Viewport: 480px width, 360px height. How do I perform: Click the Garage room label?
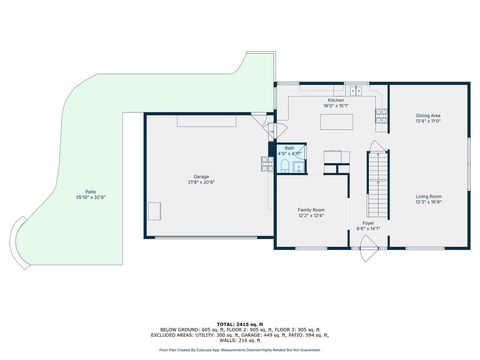coord(200,176)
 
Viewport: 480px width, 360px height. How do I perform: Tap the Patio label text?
coord(90,191)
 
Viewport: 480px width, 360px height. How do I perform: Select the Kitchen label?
coord(336,101)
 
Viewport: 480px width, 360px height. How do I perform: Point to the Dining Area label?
coord(429,116)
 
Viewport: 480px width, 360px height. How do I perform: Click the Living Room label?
coord(429,196)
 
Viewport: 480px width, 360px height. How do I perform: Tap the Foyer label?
coord(369,223)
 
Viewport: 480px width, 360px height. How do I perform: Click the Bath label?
coord(289,148)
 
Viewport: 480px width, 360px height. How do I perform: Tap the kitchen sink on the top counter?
coord(355,91)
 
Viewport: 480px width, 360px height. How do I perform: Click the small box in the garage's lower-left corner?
coord(155,210)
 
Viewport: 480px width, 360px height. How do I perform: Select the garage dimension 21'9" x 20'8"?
coord(200,182)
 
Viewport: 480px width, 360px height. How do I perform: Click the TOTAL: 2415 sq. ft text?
coord(240,313)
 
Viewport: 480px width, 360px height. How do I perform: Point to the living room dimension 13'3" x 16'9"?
coord(429,202)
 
